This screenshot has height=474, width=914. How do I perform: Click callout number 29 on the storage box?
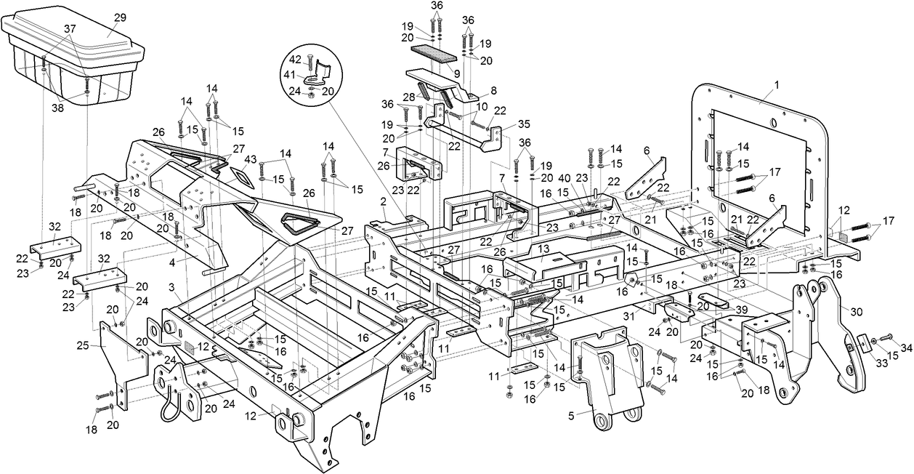tap(120, 17)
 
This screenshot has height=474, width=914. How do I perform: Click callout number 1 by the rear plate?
tap(775, 85)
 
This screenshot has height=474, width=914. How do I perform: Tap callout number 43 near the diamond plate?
tap(251, 159)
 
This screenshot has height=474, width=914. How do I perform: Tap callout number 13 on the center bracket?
tap(544, 248)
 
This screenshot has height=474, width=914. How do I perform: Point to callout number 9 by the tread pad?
tap(456, 73)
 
